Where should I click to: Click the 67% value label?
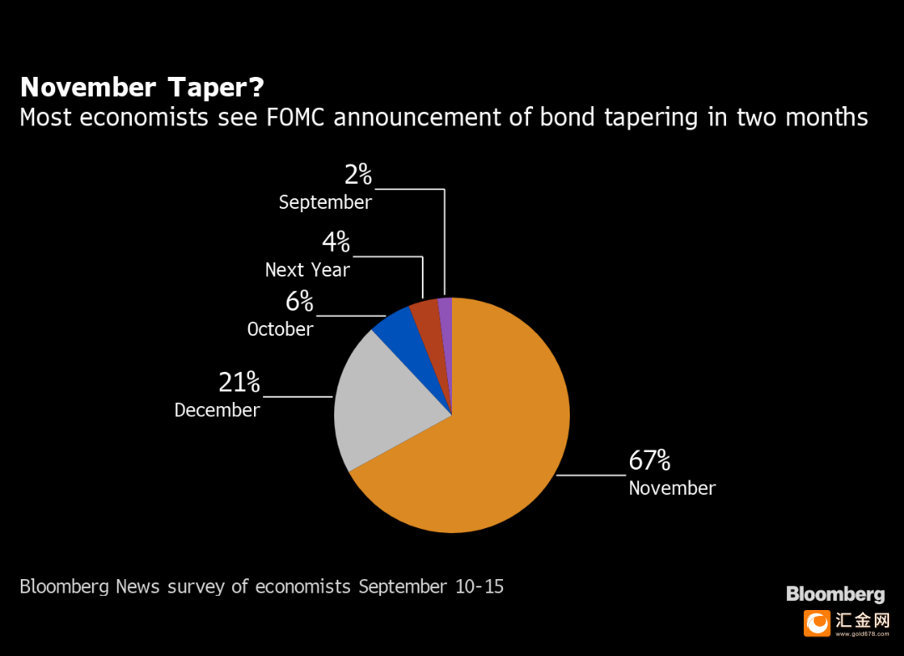point(649,460)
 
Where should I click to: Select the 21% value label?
point(239,383)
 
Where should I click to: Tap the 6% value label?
point(299,302)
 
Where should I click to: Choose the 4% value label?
point(336,242)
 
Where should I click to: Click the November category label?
point(672,488)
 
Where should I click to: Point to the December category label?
point(217,410)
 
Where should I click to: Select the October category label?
point(280,329)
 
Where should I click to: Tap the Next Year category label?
point(307,270)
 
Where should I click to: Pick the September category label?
point(325,202)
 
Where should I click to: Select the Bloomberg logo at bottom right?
point(835,594)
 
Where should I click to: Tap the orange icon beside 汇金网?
point(817,623)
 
